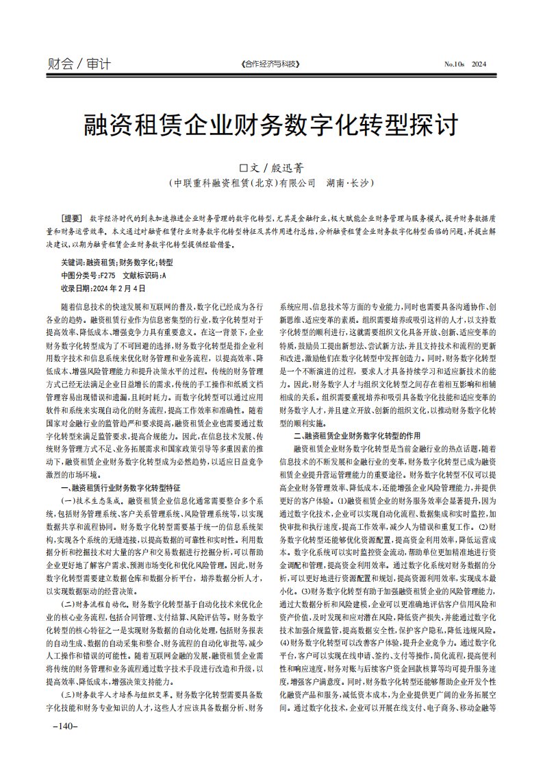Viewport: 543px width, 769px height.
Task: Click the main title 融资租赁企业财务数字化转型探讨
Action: pyautogui.click(x=271, y=125)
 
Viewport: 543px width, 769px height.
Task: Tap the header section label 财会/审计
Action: pyautogui.click(x=79, y=64)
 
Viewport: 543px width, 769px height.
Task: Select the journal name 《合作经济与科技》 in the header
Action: pyautogui.click(x=271, y=64)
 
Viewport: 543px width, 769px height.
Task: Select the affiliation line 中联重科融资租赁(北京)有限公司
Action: pyautogui.click(x=241, y=184)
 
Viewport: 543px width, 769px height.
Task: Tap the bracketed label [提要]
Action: pyautogui.click(x=71, y=216)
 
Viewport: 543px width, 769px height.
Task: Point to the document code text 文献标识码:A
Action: pyautogui.click(x=144, y=275)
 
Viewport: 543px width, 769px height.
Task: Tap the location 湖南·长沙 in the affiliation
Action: pyautogui.click(x=350, y=184)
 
